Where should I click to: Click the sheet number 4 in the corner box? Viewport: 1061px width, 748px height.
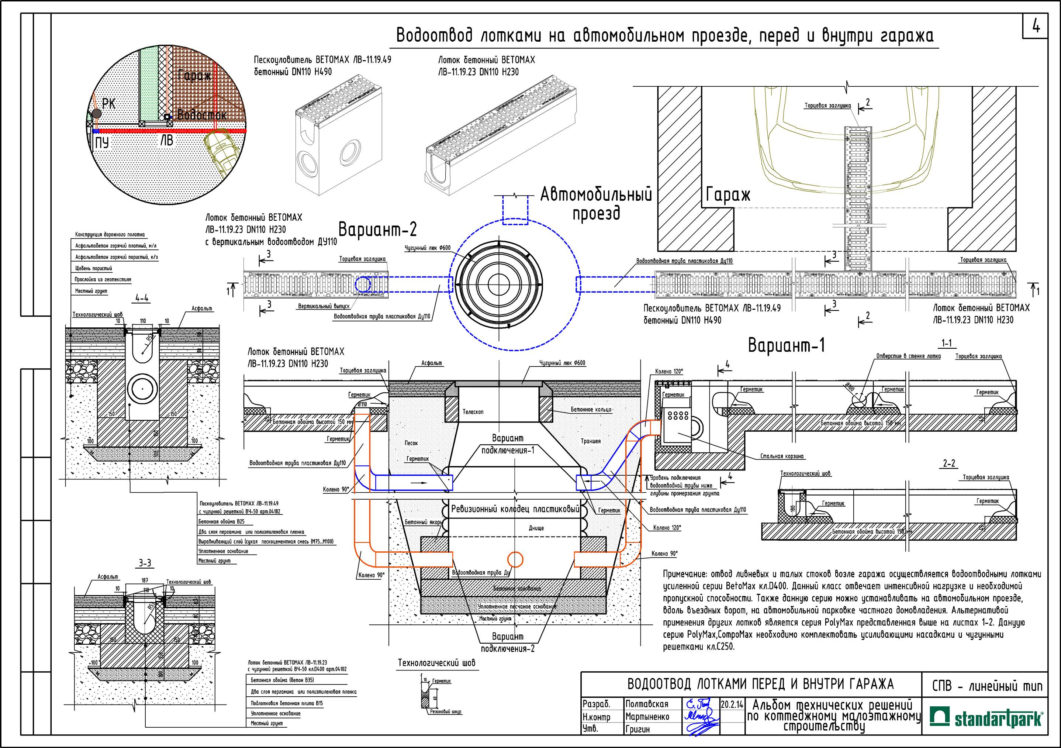[1036, 27]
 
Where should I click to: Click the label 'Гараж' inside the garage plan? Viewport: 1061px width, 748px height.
[728, 196]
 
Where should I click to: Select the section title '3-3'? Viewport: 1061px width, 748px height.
[145, 563]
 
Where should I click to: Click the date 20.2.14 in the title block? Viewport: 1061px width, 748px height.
[732, 705]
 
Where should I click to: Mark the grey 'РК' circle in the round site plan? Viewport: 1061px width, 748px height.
[96, 113]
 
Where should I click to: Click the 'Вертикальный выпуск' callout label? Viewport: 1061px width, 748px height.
[324, 306]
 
